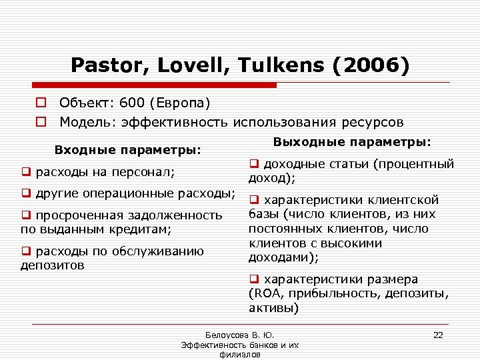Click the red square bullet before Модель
pyautogui.click(x=41, y=122)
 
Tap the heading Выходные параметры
pyautogui.click(x=353, y=142)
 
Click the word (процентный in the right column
pyautogui.click(x=421, y=164)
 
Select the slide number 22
pyautogui.click(x=438, y=334)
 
